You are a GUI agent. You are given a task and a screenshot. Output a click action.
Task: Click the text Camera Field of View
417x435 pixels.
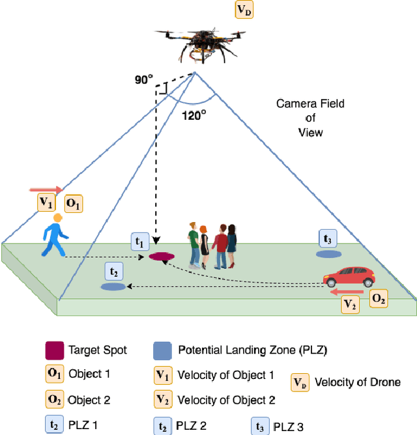309,117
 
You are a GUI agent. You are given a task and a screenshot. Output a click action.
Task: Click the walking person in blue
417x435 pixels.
55,235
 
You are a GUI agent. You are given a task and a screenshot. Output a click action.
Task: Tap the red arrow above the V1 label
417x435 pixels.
46,189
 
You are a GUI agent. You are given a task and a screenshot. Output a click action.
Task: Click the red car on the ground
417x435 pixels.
349,277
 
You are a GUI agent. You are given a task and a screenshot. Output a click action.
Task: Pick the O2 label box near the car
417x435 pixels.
378,299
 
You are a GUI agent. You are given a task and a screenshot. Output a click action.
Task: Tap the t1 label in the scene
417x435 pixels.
139,240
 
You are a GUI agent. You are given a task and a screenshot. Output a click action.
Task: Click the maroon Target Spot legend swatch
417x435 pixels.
53,350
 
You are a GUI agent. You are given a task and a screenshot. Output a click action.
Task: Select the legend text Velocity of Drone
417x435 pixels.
358,382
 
